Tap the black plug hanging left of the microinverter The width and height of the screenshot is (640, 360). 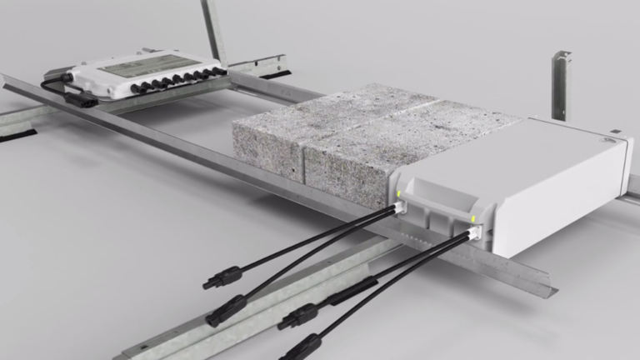click(x=82, y=99)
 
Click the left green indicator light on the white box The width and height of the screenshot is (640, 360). click(x=399, y=195)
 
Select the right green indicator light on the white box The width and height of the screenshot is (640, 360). click(x=473, y=220)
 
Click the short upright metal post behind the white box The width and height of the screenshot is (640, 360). click(x=560, y=84)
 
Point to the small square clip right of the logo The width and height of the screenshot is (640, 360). click(x=615, y=132)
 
